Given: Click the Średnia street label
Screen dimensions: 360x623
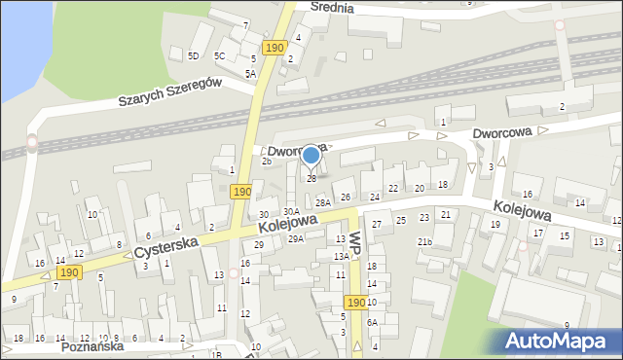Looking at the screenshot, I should tap(332, 7).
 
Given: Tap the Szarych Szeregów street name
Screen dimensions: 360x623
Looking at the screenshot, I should tap(170, 92).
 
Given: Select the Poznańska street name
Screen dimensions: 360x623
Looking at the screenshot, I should tap(93, 346).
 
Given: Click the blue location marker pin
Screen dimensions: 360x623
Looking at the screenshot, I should tap(311, 156).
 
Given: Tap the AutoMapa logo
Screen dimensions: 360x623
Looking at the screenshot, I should tap(560, 340).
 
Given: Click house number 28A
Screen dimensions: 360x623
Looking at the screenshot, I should tap(323, 202).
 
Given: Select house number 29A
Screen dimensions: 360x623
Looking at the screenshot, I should tap(295, 238).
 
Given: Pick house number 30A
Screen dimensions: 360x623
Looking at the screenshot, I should tap(291, 211).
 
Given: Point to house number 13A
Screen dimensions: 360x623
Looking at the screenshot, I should tap(342, 256).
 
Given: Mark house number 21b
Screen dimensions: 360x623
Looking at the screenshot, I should tap(424, 241).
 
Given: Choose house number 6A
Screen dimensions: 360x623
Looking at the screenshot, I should tap(372, 321).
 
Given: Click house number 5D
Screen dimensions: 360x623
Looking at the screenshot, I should tap(194, 55).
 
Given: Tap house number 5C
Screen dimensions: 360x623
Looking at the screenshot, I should tap(220, 55).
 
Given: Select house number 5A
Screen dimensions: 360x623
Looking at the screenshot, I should tap(250, 73).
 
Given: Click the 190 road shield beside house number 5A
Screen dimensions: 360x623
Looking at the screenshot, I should tap(275, 47).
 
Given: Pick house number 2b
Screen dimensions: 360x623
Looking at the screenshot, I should tap(266, 162).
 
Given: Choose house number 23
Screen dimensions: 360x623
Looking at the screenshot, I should tap(423, 217).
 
